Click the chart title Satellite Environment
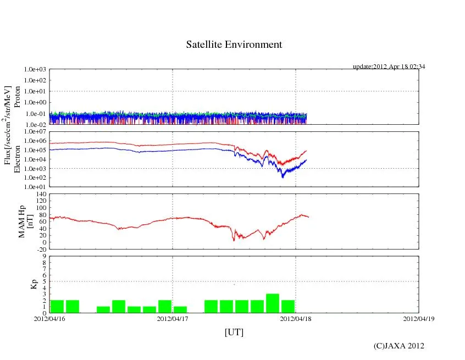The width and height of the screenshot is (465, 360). click(x=234, y=45)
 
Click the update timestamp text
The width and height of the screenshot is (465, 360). click(x=389, y=67)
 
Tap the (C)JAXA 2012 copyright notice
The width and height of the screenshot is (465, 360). click(x=398, y=346)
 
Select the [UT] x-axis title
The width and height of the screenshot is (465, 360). click(x=234, y=333)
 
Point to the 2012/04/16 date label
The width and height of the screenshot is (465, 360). click(x=49, y=318)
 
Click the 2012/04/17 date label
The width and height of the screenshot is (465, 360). click(x=173, y=318)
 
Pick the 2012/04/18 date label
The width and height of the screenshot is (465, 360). click(x=296, y=318)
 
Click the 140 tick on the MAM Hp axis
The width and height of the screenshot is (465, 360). click(x=41, y=194)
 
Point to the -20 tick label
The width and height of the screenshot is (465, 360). click(x=41, y=249)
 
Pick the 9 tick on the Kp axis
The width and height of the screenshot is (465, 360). click(x=45, y=256)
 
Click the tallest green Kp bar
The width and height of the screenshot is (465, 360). click(x=273, y=303)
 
